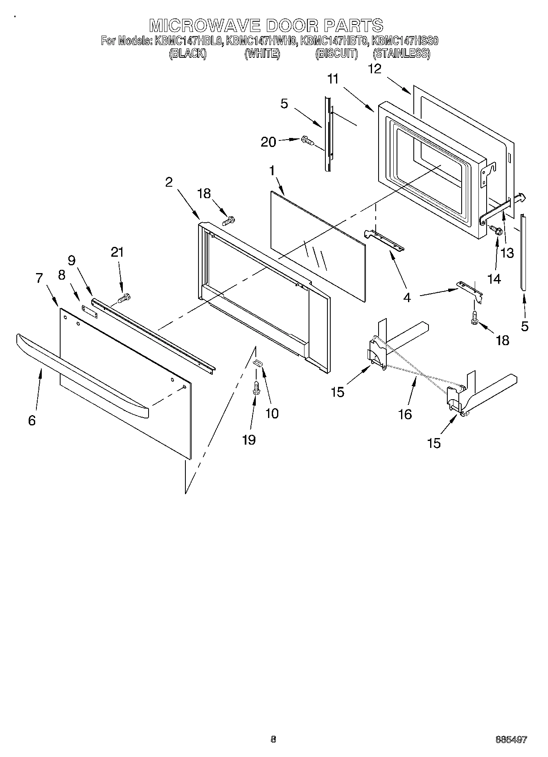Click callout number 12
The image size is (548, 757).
coord(374,69)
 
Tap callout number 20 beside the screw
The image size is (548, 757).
coord(268,142)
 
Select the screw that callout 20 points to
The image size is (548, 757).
coord(307,140)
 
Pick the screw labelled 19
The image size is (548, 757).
coord(256,388)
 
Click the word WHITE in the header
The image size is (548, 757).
coord(262,54)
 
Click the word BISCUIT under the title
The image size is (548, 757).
coord(336,54)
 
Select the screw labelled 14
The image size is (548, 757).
coord(496,230)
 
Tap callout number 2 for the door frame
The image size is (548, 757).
coord(169,182)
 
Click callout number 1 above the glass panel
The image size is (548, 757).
coord(272,171)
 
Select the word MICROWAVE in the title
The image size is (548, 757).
coord(205,25)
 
